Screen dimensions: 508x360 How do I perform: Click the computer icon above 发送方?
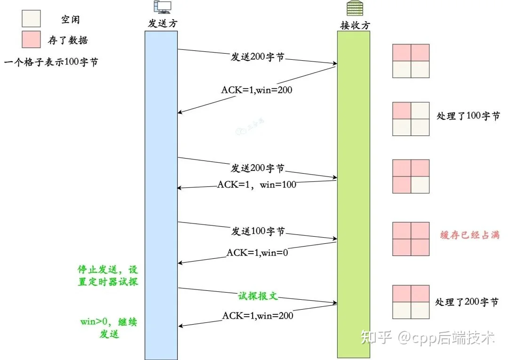click(162, 7)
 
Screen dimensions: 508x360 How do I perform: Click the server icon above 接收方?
click(355, 8)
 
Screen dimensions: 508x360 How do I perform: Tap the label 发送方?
click(163, 24)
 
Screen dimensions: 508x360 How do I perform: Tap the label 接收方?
click(355, 25)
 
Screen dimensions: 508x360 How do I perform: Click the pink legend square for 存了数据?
click(31, 40)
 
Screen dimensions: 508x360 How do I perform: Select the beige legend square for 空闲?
click(31, 18)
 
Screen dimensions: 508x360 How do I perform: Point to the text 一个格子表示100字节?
click(51, 62)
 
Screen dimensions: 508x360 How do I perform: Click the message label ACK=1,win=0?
click(257, 252)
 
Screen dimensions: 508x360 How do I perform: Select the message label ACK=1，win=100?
click(257, 184)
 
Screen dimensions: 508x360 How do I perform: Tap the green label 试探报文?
click(258, 296)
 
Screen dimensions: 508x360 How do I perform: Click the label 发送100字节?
click(258, 231)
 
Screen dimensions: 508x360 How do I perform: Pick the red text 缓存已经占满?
click(469, 235)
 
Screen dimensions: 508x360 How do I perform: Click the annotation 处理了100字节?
click(468, 116)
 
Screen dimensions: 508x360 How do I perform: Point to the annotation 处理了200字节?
click(467, 302)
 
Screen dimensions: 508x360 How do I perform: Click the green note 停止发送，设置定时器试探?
click(108, 275)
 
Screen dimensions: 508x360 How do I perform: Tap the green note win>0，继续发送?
click(109, 328)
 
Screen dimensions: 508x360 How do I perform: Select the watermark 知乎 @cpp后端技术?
click(428, 337)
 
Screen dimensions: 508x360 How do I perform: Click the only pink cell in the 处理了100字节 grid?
click(402, 111)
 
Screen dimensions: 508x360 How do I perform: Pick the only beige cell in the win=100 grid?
click(420, 184)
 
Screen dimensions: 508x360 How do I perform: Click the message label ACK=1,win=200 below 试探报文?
click(258, 316)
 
